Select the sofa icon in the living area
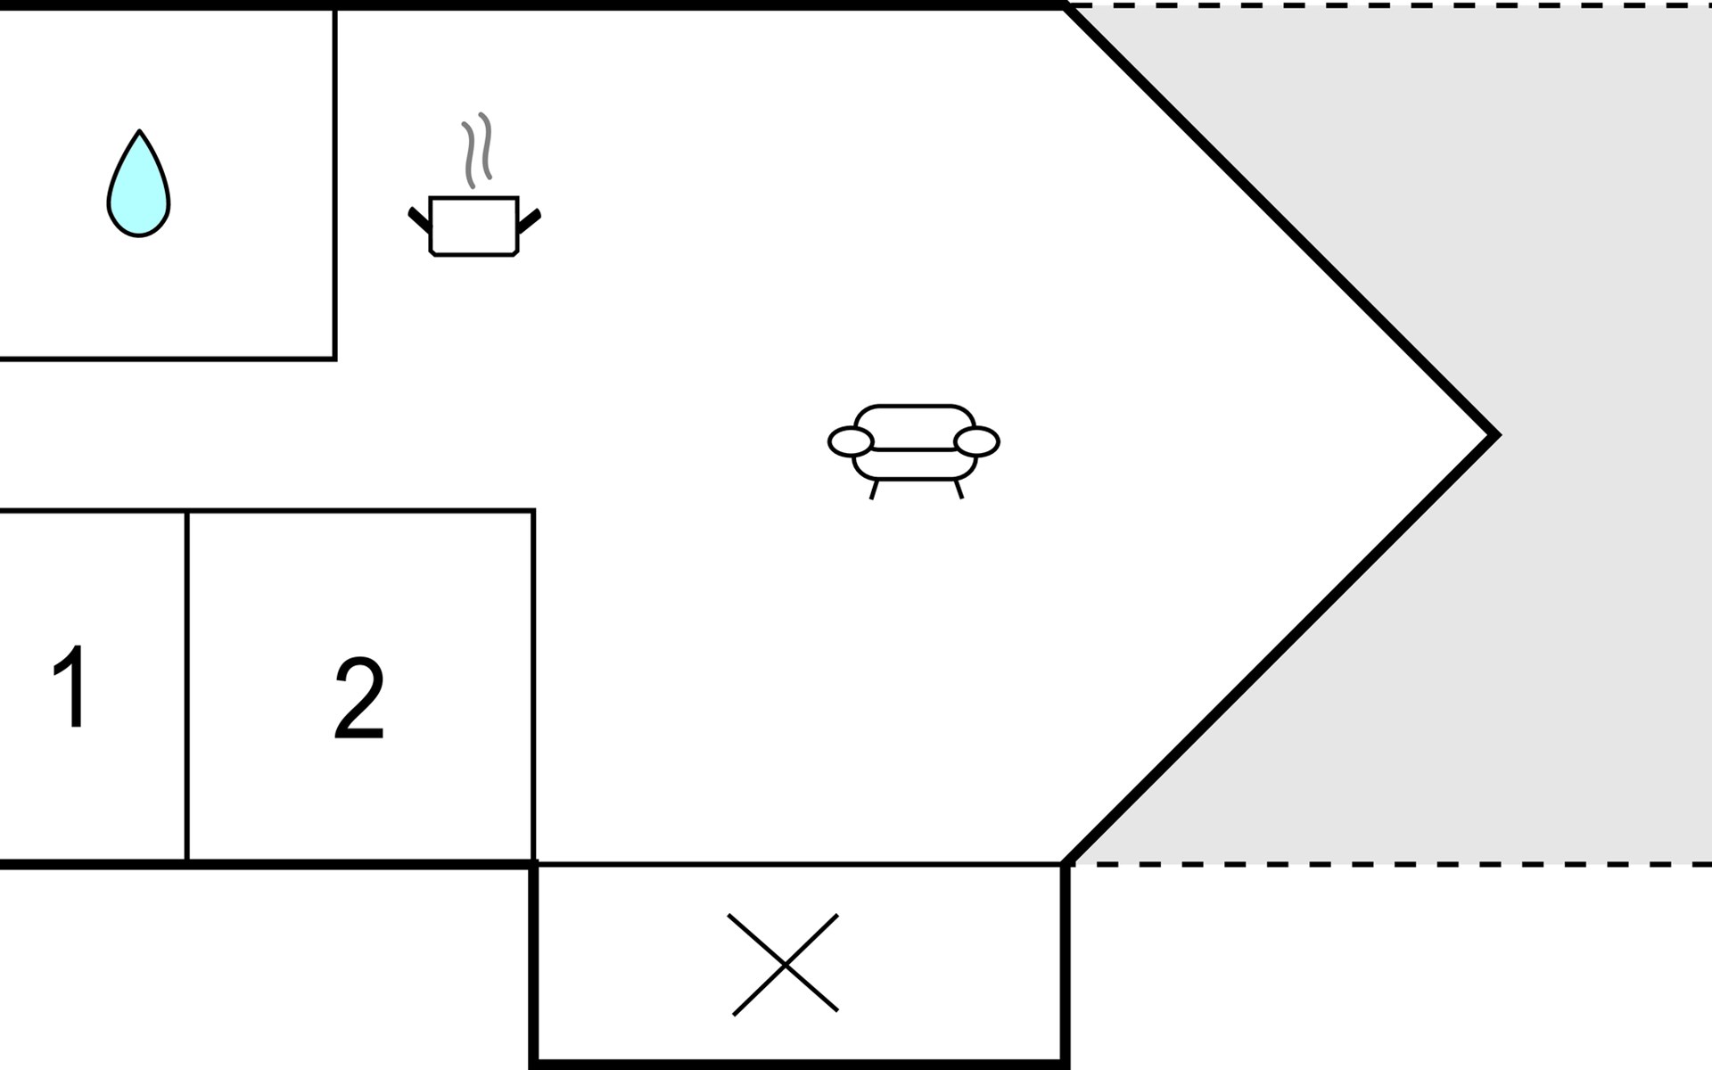click(914, 451)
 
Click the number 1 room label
click(70, 686)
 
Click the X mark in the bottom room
click(784, 964)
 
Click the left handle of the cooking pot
click(419, 219)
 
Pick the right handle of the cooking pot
click(530, 220)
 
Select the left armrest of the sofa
click(851, 441)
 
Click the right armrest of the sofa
click(976, 441)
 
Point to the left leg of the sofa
click(874, 490)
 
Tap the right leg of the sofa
click(959, 490)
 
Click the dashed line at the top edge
click(1389, 5)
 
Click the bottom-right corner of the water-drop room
click(335, 358)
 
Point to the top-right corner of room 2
click(533, 511)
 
